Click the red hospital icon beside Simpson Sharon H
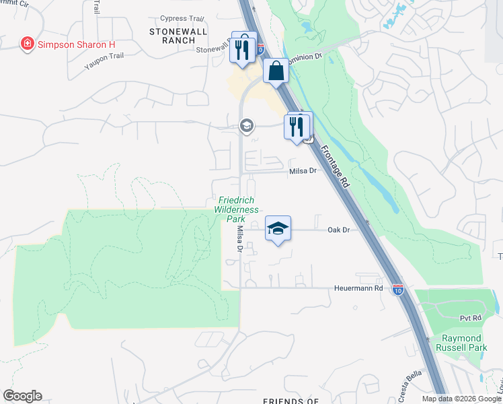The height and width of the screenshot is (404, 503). pyautogui.click(x=27, y=44)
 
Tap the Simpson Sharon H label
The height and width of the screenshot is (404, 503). pyautogui.click(x=76, y=44)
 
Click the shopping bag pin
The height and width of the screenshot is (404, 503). pyautogui.click(x=276, y=71)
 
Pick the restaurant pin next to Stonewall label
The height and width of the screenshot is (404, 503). pyautogui.click(x=243, y=48)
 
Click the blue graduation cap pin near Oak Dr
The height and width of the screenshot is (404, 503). pyautogui.click(x=278, y=229)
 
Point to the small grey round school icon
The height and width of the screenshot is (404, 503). pyautogui.click(x=247, y=125)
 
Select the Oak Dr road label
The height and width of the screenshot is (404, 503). pyautogui.click(x=339, y=230)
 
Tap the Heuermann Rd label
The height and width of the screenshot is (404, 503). pyautogui.click(x=359, y=288)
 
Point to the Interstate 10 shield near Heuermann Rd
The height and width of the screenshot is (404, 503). pyautogui.click(x=398, y=290)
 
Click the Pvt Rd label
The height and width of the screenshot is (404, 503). pyautogui.click(x=471, y=318)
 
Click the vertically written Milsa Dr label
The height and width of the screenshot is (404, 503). pyautogui.click(x=240, y=239)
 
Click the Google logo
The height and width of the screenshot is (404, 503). pyautogui.click(x=22, y=396)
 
